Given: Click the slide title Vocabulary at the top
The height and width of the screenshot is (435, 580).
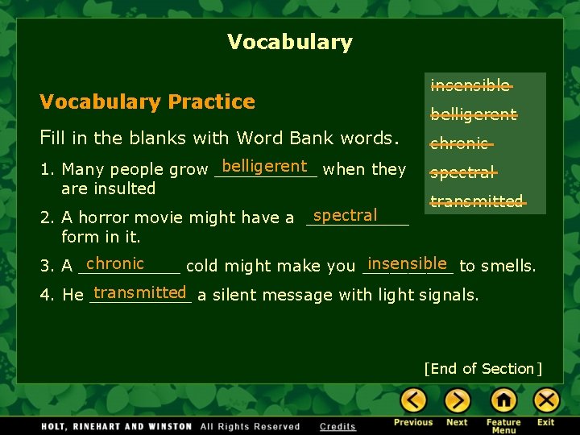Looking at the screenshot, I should tap(290, 42).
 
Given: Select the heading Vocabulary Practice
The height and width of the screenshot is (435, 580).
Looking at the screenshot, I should tap(147, 101).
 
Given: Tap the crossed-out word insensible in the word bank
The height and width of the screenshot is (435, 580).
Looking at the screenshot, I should tap(470, 85).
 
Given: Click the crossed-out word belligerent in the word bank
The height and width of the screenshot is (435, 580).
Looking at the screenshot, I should tap(474, 114).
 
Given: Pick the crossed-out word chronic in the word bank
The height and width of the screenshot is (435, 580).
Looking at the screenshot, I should tap(460, 143).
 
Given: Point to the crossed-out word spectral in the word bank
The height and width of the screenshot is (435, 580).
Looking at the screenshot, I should tap(462, 172).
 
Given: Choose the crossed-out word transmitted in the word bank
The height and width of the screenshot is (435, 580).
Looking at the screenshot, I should tap(477, 201).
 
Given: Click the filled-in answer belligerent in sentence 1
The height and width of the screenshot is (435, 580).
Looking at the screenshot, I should tap(264, 167).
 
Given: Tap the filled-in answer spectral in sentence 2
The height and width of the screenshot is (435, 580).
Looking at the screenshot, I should tap(345, 215).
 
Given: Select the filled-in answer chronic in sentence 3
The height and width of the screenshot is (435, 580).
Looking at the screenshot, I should tap(115, 263).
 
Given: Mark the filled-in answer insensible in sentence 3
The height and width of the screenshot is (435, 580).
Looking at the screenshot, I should tap(407, 263).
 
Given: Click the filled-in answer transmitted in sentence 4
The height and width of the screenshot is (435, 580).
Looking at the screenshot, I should tap(140, 292).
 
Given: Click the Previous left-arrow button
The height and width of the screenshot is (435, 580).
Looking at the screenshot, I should tap(414, 400).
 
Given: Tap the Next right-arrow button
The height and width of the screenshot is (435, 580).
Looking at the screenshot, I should tap(458, 400).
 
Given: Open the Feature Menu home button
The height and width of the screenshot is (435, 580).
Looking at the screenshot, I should tap(503, 400).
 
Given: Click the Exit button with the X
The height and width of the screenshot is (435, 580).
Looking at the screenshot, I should tap(546, 400).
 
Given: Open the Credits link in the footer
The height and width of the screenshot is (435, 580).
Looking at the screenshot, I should tap(338, 427).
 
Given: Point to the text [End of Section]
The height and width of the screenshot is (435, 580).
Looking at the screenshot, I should tap(483, 369).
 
